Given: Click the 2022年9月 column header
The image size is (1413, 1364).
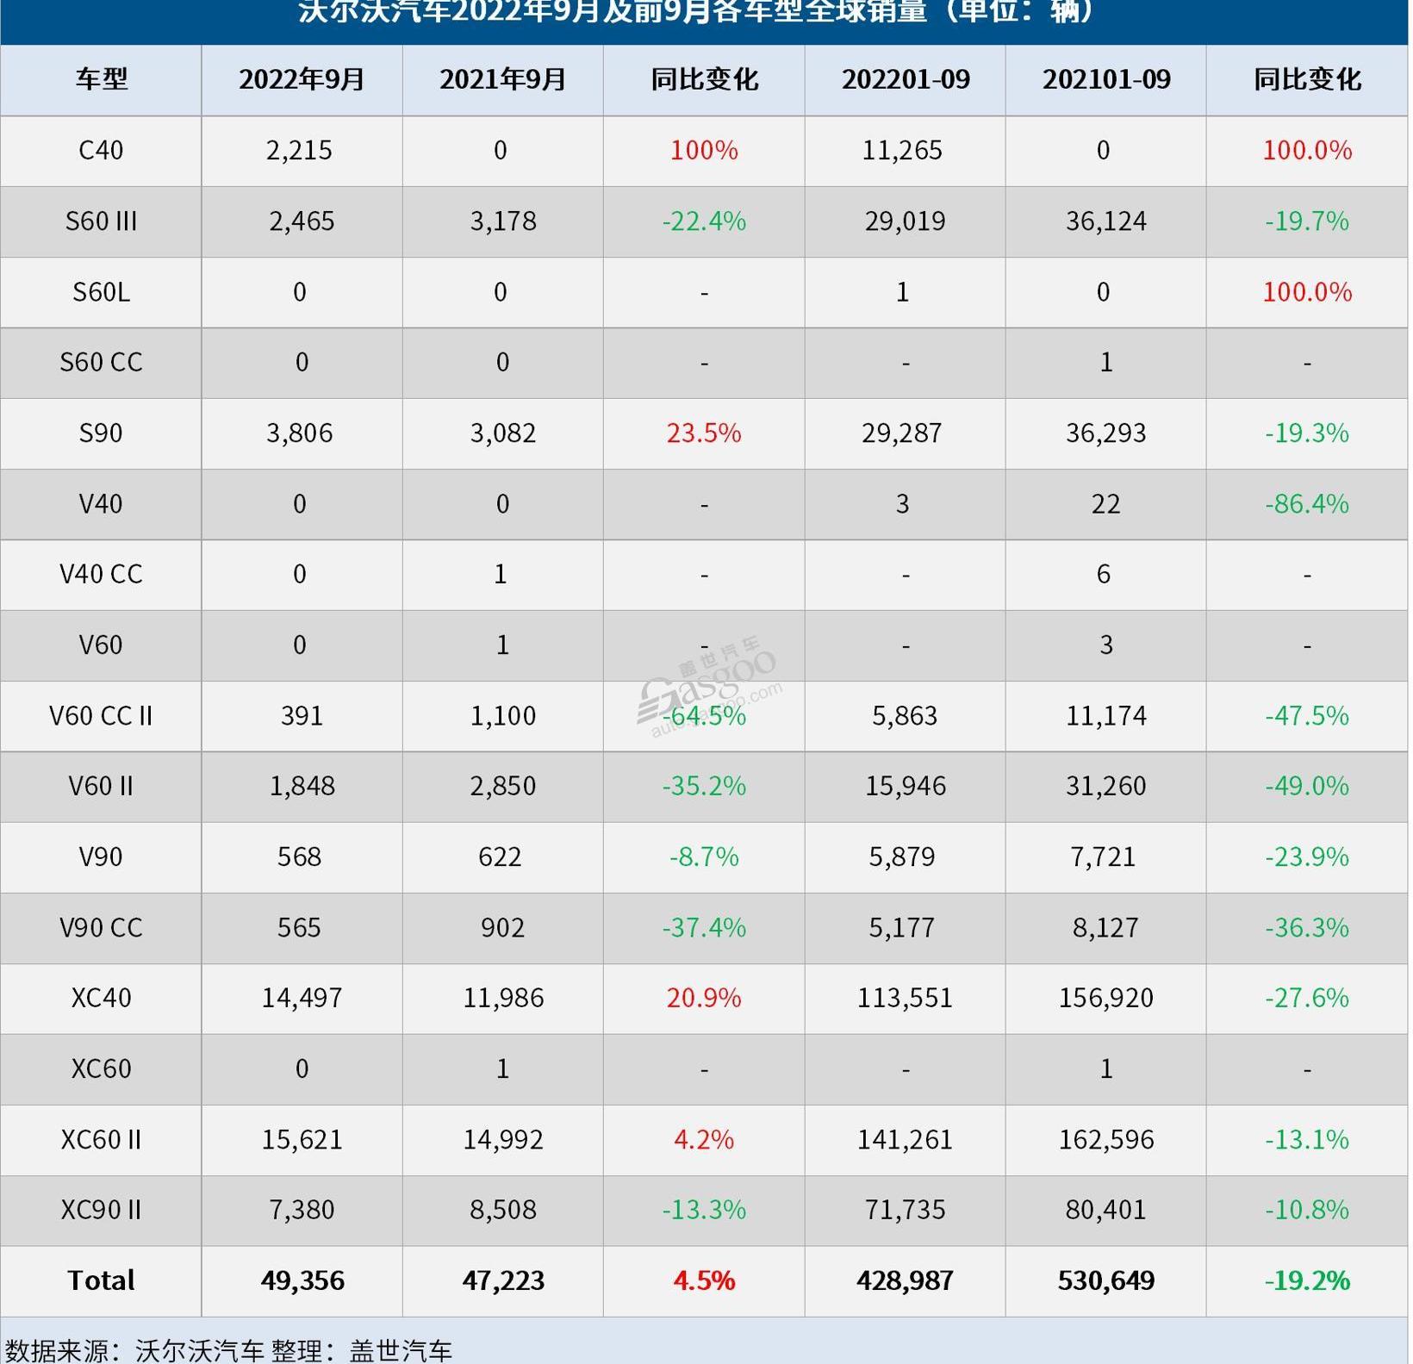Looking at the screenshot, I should (x=302, y=79).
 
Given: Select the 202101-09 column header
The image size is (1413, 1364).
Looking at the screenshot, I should (x=1106, y=79).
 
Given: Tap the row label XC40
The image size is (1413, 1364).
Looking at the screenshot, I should (x=101, y=998).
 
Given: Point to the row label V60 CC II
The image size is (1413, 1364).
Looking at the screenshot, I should (x=101, y=715).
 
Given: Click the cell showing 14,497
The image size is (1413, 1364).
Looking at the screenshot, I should (x=302, y=998).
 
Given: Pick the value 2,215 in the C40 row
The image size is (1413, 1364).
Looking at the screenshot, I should (x=299, y=150).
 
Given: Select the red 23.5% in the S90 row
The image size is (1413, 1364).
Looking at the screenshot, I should (x=704, y=433).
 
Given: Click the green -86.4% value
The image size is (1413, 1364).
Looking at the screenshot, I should (x=1306, y=503).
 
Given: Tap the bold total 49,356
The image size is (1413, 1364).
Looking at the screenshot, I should (x=302, y=1280).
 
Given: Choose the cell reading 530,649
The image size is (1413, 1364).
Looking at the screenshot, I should (x=1106, y=1280).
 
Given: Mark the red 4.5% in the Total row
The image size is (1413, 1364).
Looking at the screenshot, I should (x=704, y=1280).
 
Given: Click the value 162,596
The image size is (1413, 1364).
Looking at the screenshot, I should (x=1106, y=1139).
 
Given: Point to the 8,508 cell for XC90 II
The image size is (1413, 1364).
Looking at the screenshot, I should (x=502, y=1210).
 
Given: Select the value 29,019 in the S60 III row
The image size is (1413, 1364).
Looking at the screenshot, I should (x=905, y=221).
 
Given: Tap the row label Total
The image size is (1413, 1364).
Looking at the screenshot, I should (x=101, y=1280).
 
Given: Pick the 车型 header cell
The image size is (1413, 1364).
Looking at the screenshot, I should (x=101, y=79).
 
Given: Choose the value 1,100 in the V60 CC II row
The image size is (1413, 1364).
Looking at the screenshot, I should (x=502, y=715).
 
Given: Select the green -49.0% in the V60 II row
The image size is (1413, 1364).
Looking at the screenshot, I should (x=1306, y=786).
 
